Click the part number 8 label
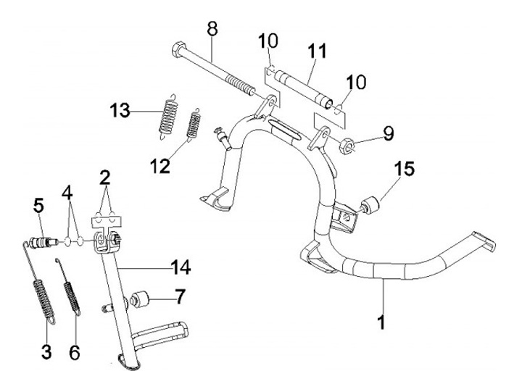coord(212,30)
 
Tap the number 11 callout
coord(317,51)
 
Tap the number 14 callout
coord(181,268)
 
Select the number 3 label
coord(46,352)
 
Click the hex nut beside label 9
coord(347,146)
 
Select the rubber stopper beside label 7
coord(139,299)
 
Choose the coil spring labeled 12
coord(194,124)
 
